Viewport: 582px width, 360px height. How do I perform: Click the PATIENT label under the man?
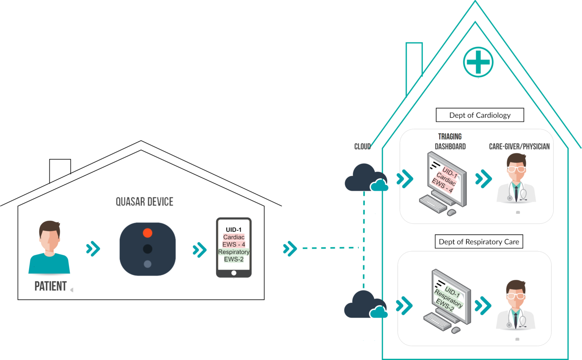pyautogui.click(x=51, y=286)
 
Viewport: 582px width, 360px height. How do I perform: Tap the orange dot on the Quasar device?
pyautogui.click(x=147, y=233)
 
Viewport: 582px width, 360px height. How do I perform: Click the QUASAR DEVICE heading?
pyautogui.click(x=144, y=202)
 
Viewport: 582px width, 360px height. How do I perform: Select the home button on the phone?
pyautogui.click(x=234, y=273)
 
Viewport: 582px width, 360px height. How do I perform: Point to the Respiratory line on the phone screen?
pyautogui.click(x=234, y=252)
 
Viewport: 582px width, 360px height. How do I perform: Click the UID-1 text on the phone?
pyautogui.click(x=233, y=230)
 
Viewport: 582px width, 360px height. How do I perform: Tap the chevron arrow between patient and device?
pyautogui.click(x=93, y=249)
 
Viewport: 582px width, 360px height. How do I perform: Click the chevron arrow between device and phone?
pyautogui.click(x=200, y=250)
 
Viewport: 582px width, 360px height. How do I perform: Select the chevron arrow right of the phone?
pyautogui.click(x=290, y=249)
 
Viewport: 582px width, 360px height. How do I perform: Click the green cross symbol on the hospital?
pyautogui.click(x=478, y=62)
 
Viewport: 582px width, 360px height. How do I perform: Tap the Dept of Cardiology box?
pyautogui.click(x=480, y=115)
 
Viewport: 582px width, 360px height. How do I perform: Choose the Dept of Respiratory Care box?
pyautogui.click(x=479, y=242)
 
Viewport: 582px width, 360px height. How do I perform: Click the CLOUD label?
pyautogui.click(x=363, y=147)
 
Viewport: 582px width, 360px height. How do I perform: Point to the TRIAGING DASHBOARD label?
pyautogui.click(x=450, y=142)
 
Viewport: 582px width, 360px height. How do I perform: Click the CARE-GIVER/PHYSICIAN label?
pyautogui.click(x=519, y=147)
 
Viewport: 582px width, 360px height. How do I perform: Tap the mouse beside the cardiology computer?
pyautogui.click(x=452, y=212)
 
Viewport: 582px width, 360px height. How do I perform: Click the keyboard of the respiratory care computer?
pyautogui.click(x=438, y=321)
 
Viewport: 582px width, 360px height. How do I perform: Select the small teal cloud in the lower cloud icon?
pyautogui.click(x=379, y=312)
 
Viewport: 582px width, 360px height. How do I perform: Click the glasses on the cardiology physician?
pyautogui.click(x=516, y=169)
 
